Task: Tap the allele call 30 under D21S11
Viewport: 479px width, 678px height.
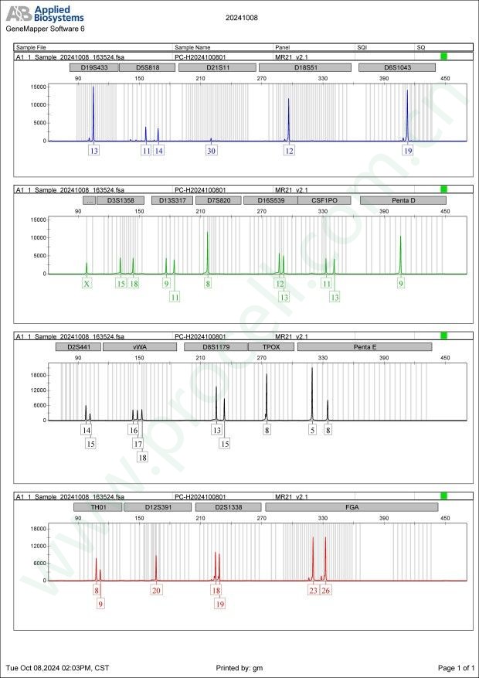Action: pos(211,151)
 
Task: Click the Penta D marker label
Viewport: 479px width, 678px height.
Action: pos(403,200)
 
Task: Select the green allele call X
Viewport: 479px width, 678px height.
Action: pos(87,284)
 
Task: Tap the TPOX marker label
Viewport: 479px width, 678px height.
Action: pos(271,347)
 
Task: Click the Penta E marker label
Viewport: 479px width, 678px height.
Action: pos(365,347)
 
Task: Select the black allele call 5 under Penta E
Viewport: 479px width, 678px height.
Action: pos(313,430)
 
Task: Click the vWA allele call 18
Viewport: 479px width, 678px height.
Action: pos(142,458)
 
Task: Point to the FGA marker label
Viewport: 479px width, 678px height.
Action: pos(352,507)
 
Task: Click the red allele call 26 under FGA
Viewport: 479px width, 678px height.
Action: pos(326,591)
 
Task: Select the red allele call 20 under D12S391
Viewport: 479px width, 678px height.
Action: pos(156,591)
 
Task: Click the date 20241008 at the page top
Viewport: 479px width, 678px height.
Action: pos(240,16)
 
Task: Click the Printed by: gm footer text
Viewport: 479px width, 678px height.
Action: pos(240,667)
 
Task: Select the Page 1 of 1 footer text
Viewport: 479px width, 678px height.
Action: pos(456,667)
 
